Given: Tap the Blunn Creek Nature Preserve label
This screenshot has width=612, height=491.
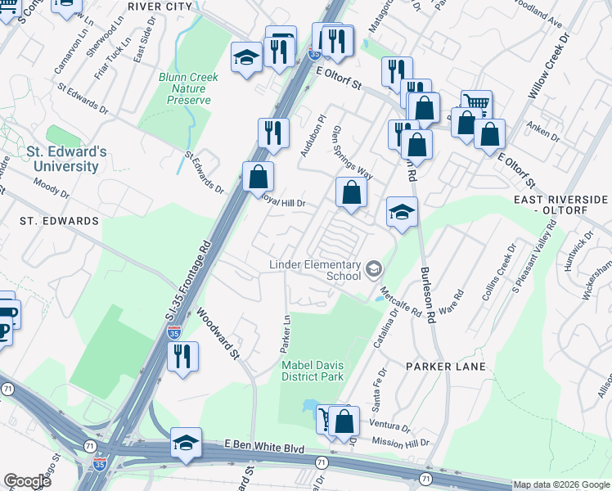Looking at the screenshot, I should (185, 89).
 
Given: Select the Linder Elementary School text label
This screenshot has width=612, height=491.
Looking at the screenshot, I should (315, 270).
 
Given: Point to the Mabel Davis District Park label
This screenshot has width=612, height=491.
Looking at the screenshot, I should (313, 371).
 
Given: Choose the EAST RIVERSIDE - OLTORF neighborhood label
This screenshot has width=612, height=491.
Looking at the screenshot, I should (560, 205).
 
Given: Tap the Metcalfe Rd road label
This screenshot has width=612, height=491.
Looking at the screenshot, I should (400, 302).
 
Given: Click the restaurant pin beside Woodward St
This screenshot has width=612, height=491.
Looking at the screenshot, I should (182, 356).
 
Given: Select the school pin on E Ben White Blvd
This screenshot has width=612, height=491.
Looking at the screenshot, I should (185, 443).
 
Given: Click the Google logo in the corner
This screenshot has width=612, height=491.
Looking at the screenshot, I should (27, 481).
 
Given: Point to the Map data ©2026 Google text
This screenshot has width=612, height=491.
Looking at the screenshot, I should (561, 484).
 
